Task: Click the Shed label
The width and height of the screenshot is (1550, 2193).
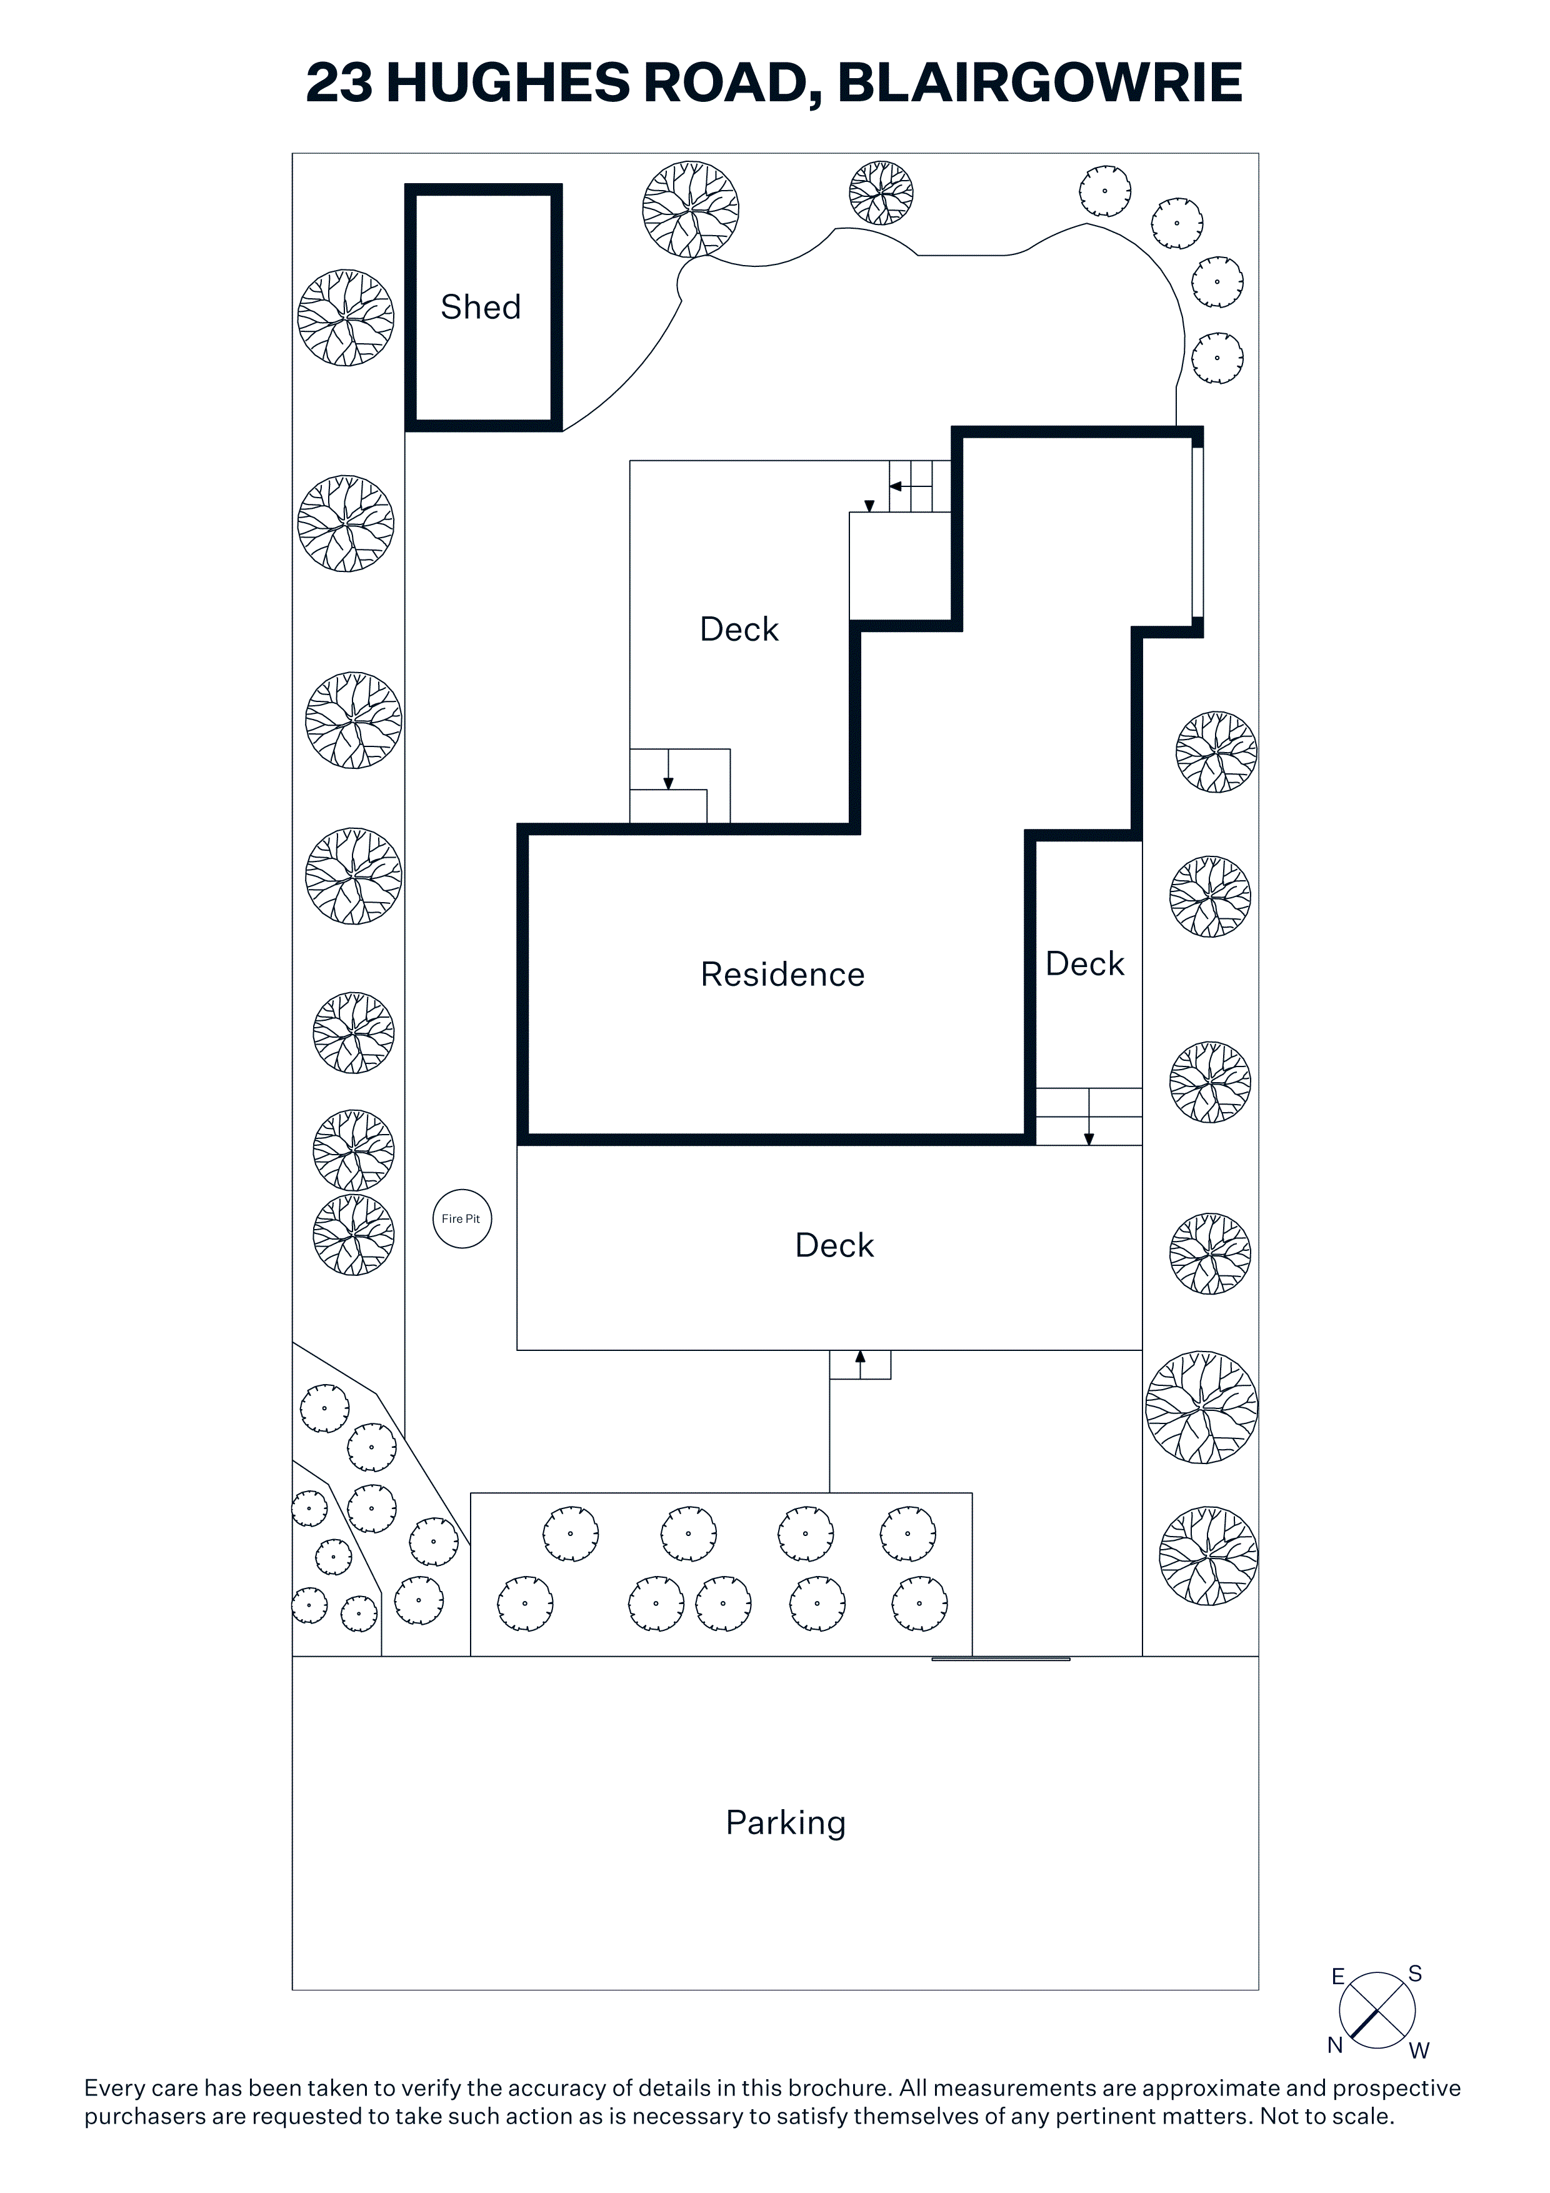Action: tap(481, 308)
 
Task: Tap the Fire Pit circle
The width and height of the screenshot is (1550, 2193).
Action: tap(462, 1219)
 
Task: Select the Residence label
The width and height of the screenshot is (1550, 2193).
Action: tap(782, 974)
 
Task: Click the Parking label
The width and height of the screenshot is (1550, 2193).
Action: tap(785, 1822)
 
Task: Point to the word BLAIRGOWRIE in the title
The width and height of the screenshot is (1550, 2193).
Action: tap(1039, 83)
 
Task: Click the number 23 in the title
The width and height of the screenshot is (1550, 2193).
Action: tap(339, 83)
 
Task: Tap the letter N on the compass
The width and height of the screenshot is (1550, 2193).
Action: tap(1335, 2045)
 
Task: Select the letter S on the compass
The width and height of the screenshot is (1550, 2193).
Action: tap(1416, 1974)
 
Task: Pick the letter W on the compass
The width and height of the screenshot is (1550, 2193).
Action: tap(1419, 2050)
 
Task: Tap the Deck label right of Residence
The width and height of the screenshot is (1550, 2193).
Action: tap(1085, 964)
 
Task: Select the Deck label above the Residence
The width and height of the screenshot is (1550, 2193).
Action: tap(739, 630)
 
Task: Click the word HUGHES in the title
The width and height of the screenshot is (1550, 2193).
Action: tap(508, 83)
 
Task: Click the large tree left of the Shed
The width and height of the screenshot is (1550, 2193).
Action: tap(346, 318)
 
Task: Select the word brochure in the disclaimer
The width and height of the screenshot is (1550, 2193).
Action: tap(837, 2088)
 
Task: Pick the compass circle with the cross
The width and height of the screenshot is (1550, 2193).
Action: tap(1377, 2010)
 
